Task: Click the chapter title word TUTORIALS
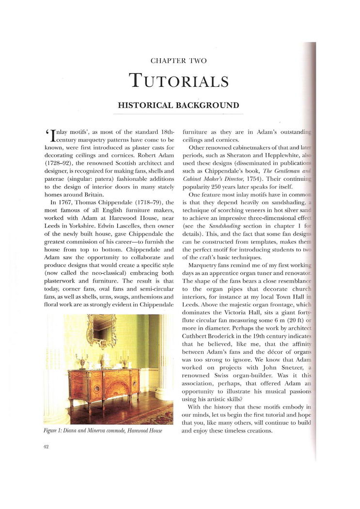179,81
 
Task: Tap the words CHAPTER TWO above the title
179,61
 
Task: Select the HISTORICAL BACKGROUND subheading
179,105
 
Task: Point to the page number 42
47,447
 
